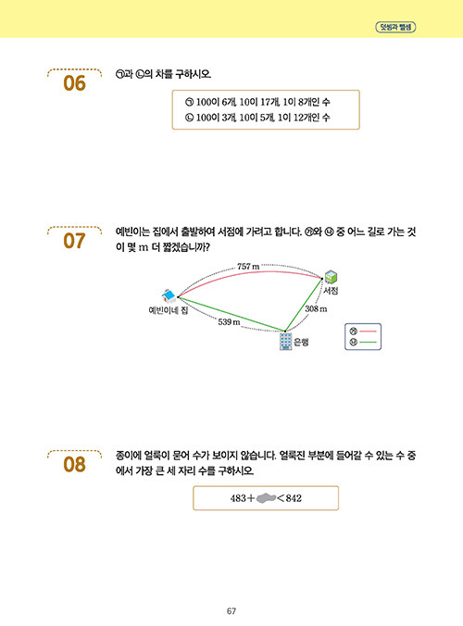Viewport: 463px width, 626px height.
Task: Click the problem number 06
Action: point(74,83)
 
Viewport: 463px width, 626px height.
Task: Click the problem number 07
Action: point(74,241)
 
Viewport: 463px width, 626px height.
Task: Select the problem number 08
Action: point(74,464)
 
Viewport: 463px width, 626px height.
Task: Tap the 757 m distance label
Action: point(248,267)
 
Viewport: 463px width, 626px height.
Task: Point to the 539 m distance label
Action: point(229,321)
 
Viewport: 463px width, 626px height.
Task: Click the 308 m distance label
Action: point(316,308)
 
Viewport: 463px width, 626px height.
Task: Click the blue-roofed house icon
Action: point(169,296)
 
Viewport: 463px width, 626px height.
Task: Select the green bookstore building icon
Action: point(331,277)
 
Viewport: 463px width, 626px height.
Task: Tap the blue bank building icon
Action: point(285,342)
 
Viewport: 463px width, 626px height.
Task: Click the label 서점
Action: point(331,290)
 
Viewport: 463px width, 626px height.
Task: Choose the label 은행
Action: point(301,342)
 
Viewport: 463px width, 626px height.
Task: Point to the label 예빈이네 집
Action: point(168,310)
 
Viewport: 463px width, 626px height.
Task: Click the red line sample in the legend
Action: point(368,332)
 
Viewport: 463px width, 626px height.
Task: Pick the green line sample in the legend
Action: point(368,342)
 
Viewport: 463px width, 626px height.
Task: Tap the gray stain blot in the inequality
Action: point(266,498)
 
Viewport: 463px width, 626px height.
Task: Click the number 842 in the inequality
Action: point(294,498)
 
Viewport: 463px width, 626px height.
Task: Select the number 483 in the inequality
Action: point(238,498)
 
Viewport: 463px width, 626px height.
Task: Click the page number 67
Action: point(231,611)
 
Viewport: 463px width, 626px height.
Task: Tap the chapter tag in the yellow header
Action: point(395,27)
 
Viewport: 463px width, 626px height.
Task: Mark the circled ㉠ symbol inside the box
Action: point(189,102)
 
